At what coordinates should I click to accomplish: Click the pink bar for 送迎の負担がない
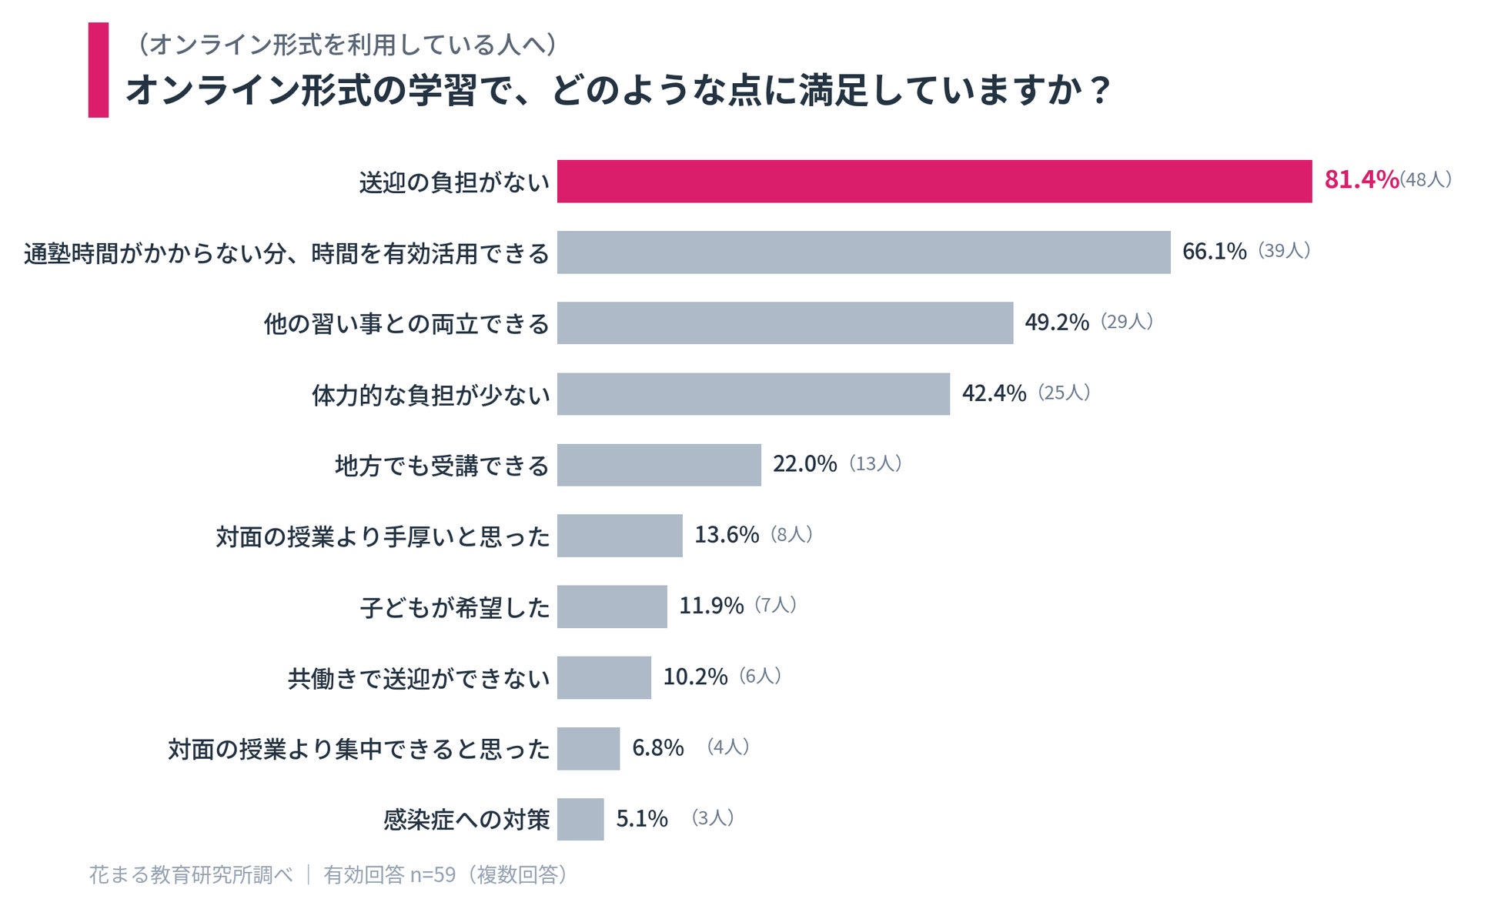[x=934, y=182]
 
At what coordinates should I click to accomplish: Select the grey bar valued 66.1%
[x=864, y=252]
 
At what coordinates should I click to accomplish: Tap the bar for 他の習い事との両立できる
[x=785, y=323]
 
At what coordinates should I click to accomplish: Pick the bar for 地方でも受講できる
[x=659, y=465]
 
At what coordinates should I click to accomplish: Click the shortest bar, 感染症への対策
[x=580, y=820]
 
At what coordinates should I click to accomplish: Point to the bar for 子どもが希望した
[x=612, y=607]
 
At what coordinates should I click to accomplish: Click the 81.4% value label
[x=1361, y=179]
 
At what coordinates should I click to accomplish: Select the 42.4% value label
[x=994, y=393]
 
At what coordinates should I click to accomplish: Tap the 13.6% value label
[x=727, y=535]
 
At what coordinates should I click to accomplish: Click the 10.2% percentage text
[x=695, y=677]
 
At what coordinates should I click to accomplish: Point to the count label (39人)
[x=1284, y=251]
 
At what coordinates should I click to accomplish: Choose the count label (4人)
[x=727, y=747]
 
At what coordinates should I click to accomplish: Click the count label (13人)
[x=875, y=463]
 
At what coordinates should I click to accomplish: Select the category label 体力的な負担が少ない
[x=431, y=395]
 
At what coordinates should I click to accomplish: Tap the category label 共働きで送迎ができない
[x=419, y=678]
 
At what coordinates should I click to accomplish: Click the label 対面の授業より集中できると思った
[x=359, y=749]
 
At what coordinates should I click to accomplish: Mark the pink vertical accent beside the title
[x=99, y=70]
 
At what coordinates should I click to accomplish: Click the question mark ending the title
[x=1100, y=91]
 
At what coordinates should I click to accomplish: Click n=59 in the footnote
[x=433, y=875]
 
